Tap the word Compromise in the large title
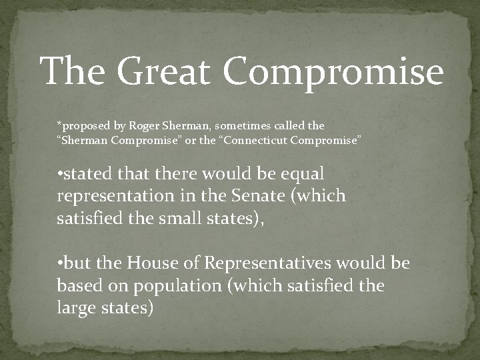coord(333,72)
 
